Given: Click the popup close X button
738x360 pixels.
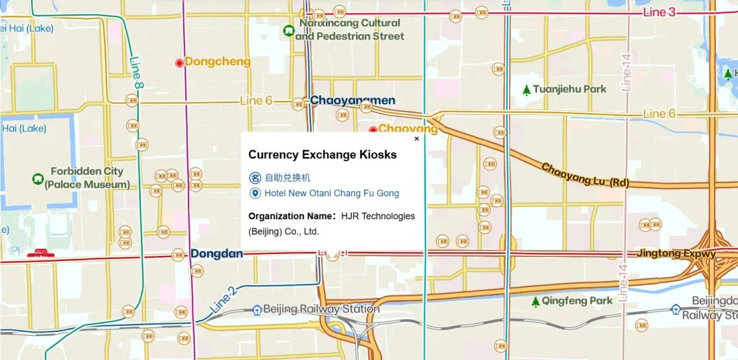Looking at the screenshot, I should pos(417,139).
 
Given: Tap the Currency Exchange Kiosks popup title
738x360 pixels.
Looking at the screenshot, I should pos(322,155).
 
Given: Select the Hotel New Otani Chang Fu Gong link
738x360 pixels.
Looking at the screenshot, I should pos(331,193).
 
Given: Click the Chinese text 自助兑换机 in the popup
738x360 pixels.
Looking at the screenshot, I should pos(287,178).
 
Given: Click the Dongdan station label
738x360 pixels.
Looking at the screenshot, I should pos(217,253).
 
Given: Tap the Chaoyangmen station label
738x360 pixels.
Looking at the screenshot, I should pos(352,100).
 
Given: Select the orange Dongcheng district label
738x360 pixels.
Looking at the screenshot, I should pos(217,61).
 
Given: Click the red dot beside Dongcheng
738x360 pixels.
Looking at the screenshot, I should pos(179,62).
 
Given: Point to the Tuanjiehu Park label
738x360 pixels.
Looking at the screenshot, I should pos(569,89).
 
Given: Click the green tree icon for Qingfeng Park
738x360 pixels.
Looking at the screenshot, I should pos(536,301).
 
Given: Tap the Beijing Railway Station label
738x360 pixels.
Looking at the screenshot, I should pos(320,309).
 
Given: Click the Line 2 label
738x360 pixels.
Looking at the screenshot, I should pos(223,299).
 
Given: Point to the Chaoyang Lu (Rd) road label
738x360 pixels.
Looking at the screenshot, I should pos(585,176).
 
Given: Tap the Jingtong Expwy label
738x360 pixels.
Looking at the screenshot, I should pos(676,253).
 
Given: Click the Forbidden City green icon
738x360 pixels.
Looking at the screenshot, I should pos(38,178).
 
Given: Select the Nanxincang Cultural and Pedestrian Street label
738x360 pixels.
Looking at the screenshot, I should pos(349,29).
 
